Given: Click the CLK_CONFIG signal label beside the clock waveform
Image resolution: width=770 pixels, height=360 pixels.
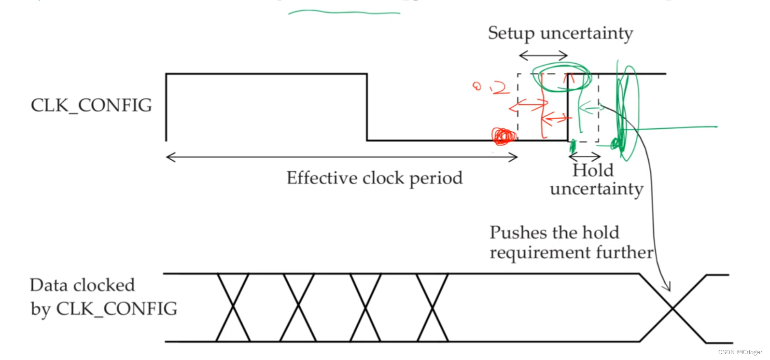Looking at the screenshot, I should tap(91, 106).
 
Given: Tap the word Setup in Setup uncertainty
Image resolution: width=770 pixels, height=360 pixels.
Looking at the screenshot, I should tap(511, 34).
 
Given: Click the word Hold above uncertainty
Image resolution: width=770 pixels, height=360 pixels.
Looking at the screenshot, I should tap(593, 170).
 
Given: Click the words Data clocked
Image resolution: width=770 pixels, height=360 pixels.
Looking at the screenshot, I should tap(82, 285).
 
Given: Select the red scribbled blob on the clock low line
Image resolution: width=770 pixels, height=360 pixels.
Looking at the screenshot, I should tap(504, 137).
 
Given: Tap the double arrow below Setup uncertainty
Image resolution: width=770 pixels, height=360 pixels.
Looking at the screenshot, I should tap(543, 55).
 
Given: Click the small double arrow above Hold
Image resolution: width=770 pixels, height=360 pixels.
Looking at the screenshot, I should tap(585, 156).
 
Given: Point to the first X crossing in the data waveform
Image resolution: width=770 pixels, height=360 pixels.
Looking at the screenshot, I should tap(233, 307).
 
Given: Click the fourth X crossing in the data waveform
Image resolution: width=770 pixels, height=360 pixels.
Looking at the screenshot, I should tap(432, 307).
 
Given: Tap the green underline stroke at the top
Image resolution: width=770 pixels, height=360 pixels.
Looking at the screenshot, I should tap(344, 12).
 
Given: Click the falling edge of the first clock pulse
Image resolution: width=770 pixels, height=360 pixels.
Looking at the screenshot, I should tap(367, 107).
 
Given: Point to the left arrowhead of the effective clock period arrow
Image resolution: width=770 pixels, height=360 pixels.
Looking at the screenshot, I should tap(169, 157).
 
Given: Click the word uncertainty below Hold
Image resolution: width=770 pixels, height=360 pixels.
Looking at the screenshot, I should tap(596, 189).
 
